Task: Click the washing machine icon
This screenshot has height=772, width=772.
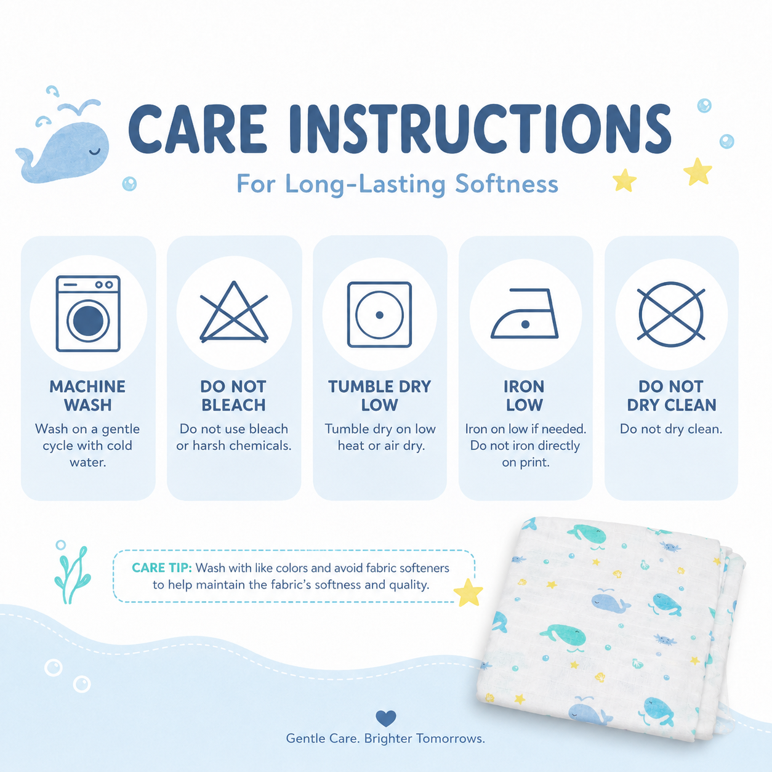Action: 88,313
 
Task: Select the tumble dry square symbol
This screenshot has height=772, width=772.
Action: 379,315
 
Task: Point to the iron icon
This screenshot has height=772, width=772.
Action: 525,313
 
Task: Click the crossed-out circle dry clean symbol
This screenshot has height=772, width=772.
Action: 670,314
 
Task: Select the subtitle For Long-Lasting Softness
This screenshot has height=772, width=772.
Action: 397,184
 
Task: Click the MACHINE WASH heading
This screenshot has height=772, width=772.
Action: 88,396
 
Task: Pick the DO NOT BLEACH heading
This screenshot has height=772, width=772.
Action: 233,396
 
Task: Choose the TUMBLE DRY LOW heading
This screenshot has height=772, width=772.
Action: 379,396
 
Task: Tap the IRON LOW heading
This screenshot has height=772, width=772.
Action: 525,396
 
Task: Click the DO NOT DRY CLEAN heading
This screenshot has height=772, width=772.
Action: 672,396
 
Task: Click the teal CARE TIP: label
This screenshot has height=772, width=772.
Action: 162,568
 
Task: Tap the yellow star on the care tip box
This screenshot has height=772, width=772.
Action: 468,592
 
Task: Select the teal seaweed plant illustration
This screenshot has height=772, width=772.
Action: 73,574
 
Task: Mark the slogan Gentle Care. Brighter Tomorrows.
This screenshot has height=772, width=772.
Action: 385,738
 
